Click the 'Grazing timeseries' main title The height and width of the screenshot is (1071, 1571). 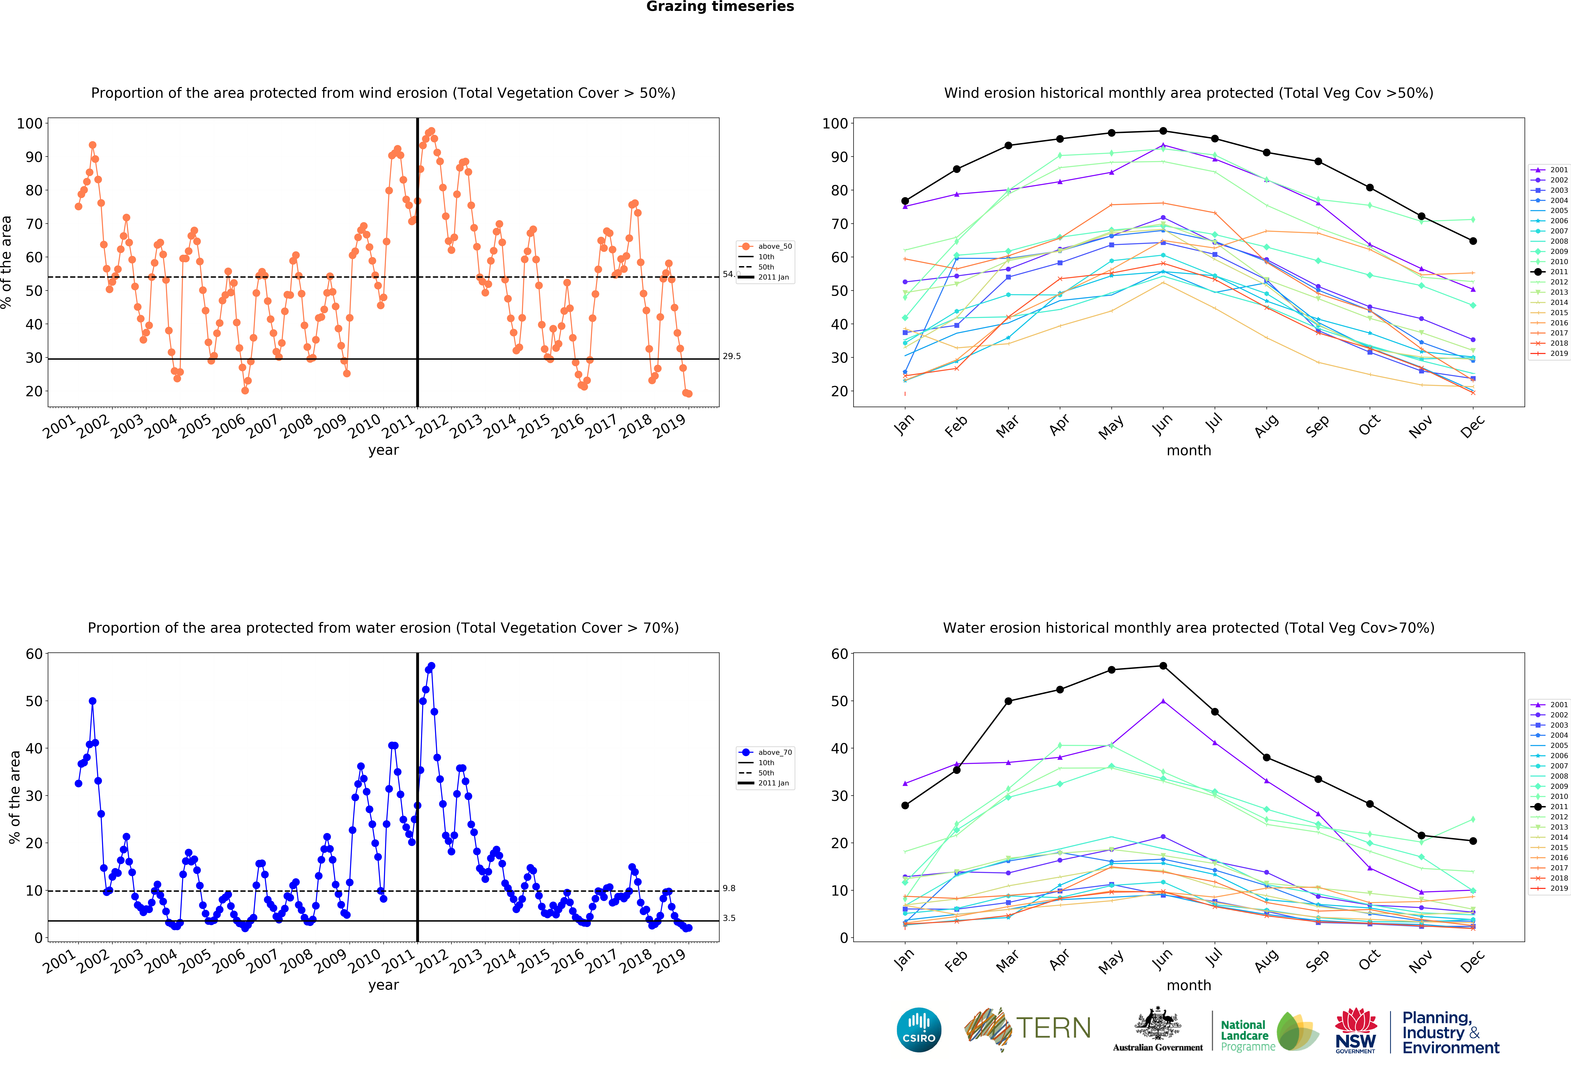(x=720, y=7)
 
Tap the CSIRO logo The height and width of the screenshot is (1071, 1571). (x=919, y=1030)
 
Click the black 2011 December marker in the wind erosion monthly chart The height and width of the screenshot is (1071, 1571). (x=1473, y=241)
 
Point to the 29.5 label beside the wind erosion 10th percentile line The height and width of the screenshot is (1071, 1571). (x=731, y=356)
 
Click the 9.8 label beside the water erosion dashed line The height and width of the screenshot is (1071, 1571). (x=729, y=888)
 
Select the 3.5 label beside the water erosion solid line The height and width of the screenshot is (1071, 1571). (x=729, y=918)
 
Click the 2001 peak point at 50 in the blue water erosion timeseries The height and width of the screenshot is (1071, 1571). (x=93, y=701)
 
